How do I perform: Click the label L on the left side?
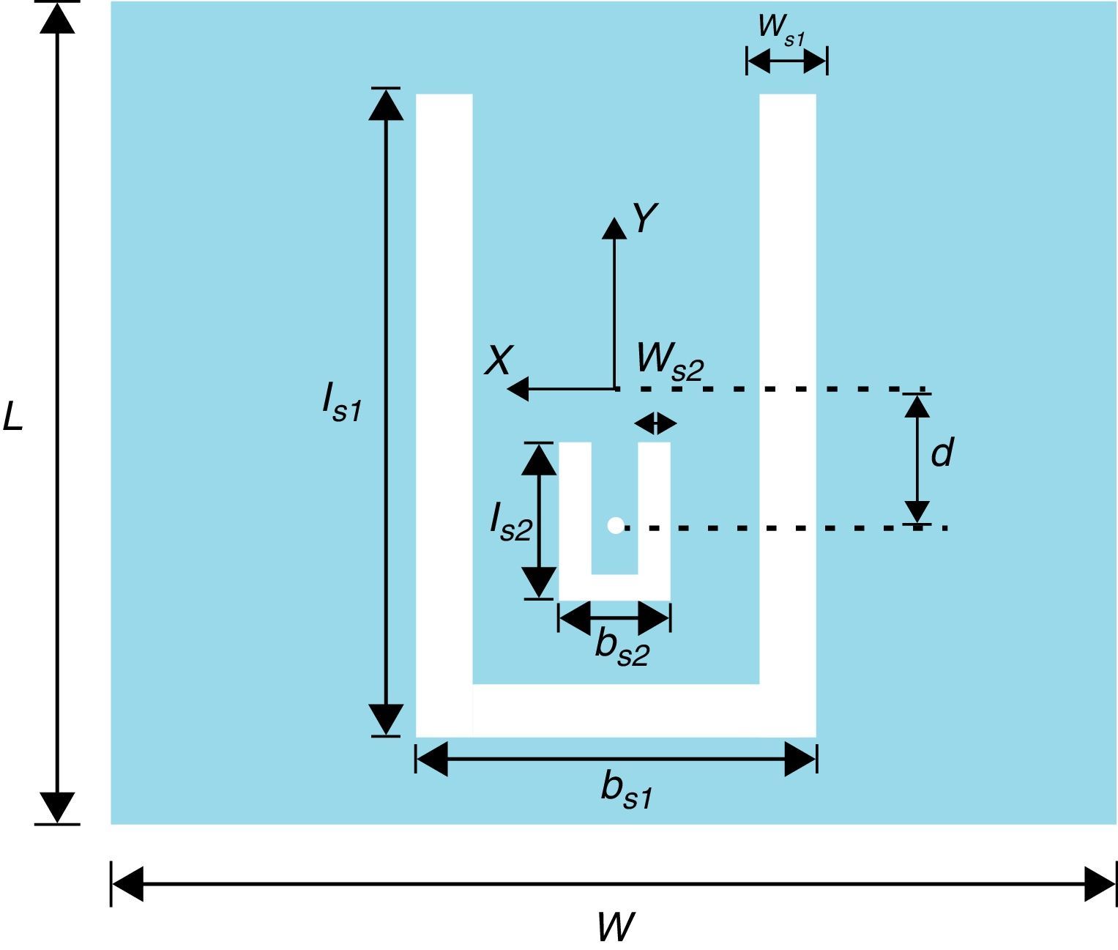pos(12,417)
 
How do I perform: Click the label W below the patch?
pos(614,927)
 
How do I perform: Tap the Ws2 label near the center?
pos(669,360)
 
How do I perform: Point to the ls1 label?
pos(341,402)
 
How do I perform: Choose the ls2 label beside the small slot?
pos(510,522)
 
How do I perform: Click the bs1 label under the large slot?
pos(626,790)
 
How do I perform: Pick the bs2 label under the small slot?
pos(622,647)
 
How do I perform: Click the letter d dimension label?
pos(942,453)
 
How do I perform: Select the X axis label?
pos(498,361)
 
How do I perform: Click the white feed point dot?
pos(615,525)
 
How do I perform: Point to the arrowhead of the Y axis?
pos(614,228)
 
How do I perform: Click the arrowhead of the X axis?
pos(517,389)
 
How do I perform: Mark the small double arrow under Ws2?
pos(655,423)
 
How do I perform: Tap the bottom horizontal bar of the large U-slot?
pos(616,710)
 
